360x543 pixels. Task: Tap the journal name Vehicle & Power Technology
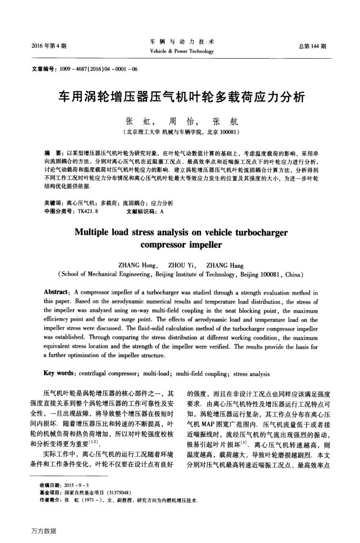[181, 52]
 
